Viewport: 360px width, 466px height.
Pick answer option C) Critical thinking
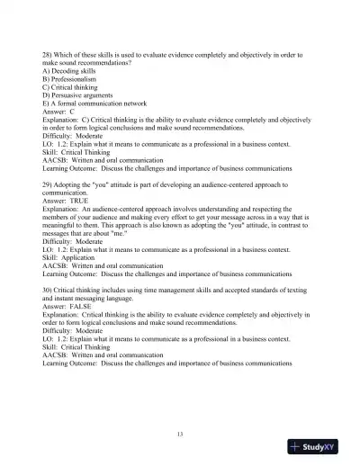point(73,87)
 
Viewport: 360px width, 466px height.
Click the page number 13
point(180,435)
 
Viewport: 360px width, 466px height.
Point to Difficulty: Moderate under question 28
point(77,136)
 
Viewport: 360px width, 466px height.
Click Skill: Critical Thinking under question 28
point(84,152)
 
